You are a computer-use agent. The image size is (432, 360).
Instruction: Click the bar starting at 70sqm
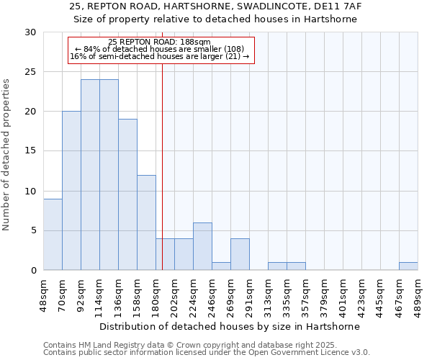pos(71,191)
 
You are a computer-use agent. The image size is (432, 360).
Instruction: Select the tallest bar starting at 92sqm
pos(90,175)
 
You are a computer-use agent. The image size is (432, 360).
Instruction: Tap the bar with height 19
pos(127,194)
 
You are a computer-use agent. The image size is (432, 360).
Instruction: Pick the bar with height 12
pos(146,222)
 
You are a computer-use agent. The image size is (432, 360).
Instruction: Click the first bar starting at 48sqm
pos(53,234)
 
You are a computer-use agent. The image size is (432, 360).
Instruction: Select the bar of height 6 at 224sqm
pos(202,246)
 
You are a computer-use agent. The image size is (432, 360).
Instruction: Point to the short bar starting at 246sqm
pos(221,266)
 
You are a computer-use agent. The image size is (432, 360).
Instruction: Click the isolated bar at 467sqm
pos(408,266)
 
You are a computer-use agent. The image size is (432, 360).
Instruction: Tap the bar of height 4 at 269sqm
pos(240,254)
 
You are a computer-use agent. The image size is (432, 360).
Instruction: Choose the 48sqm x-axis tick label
pos(44,294)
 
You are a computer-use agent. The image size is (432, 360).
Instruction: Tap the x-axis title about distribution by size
pos(230,326)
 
